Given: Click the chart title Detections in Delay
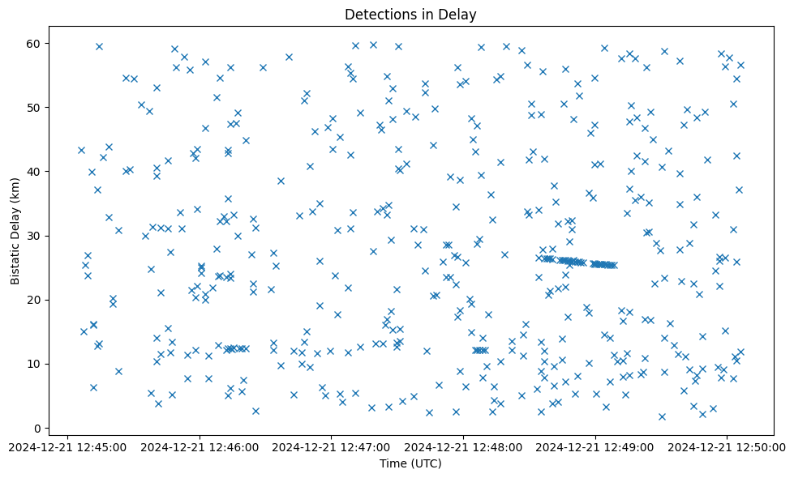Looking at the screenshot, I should pos(410,14).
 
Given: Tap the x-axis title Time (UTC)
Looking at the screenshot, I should pos(410,463).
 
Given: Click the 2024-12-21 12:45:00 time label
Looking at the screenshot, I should pos(68,446).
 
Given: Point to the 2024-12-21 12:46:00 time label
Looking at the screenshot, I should pos(200,446).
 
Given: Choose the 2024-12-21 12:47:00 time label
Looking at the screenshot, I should pos(332,446).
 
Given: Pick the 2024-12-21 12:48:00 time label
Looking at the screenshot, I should pos(464,446).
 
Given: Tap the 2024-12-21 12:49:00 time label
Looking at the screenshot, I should pos(596,446).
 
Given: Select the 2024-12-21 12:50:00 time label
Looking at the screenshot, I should pos(727,446).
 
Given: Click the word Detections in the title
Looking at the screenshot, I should pos(376,14).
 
